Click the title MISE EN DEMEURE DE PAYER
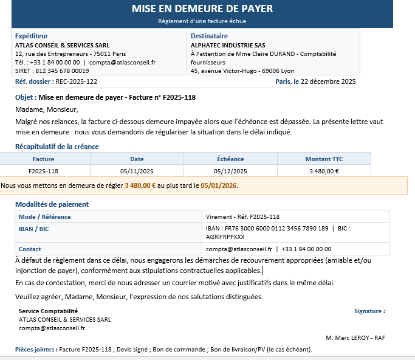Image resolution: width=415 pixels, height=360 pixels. coord(202,9)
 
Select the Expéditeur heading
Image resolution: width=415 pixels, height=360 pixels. coord(32,36)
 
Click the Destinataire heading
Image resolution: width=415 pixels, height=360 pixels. coord(209,36)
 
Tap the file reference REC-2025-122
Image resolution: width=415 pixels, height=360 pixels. coord(76,81)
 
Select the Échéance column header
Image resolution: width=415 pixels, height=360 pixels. coord(230,159)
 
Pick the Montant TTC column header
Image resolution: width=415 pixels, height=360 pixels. coord(324,159)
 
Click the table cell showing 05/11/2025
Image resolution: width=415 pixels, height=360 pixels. coord(137,171)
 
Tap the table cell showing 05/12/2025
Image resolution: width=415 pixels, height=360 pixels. coord(230,171)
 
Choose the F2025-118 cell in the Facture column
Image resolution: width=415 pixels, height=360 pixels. coord(43,171)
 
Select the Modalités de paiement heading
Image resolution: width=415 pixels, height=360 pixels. coord(52,204)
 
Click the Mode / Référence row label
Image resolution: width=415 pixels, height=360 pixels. coord(44,216)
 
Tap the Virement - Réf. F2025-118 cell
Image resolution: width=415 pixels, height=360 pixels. coord(242,216)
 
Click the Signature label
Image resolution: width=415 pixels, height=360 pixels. coord(369,311)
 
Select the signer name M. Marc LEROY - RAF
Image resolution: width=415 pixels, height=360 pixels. coord(355,337)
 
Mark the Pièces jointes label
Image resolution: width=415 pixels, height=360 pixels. coord(36,350)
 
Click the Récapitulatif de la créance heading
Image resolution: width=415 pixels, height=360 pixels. coord(57,147)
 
